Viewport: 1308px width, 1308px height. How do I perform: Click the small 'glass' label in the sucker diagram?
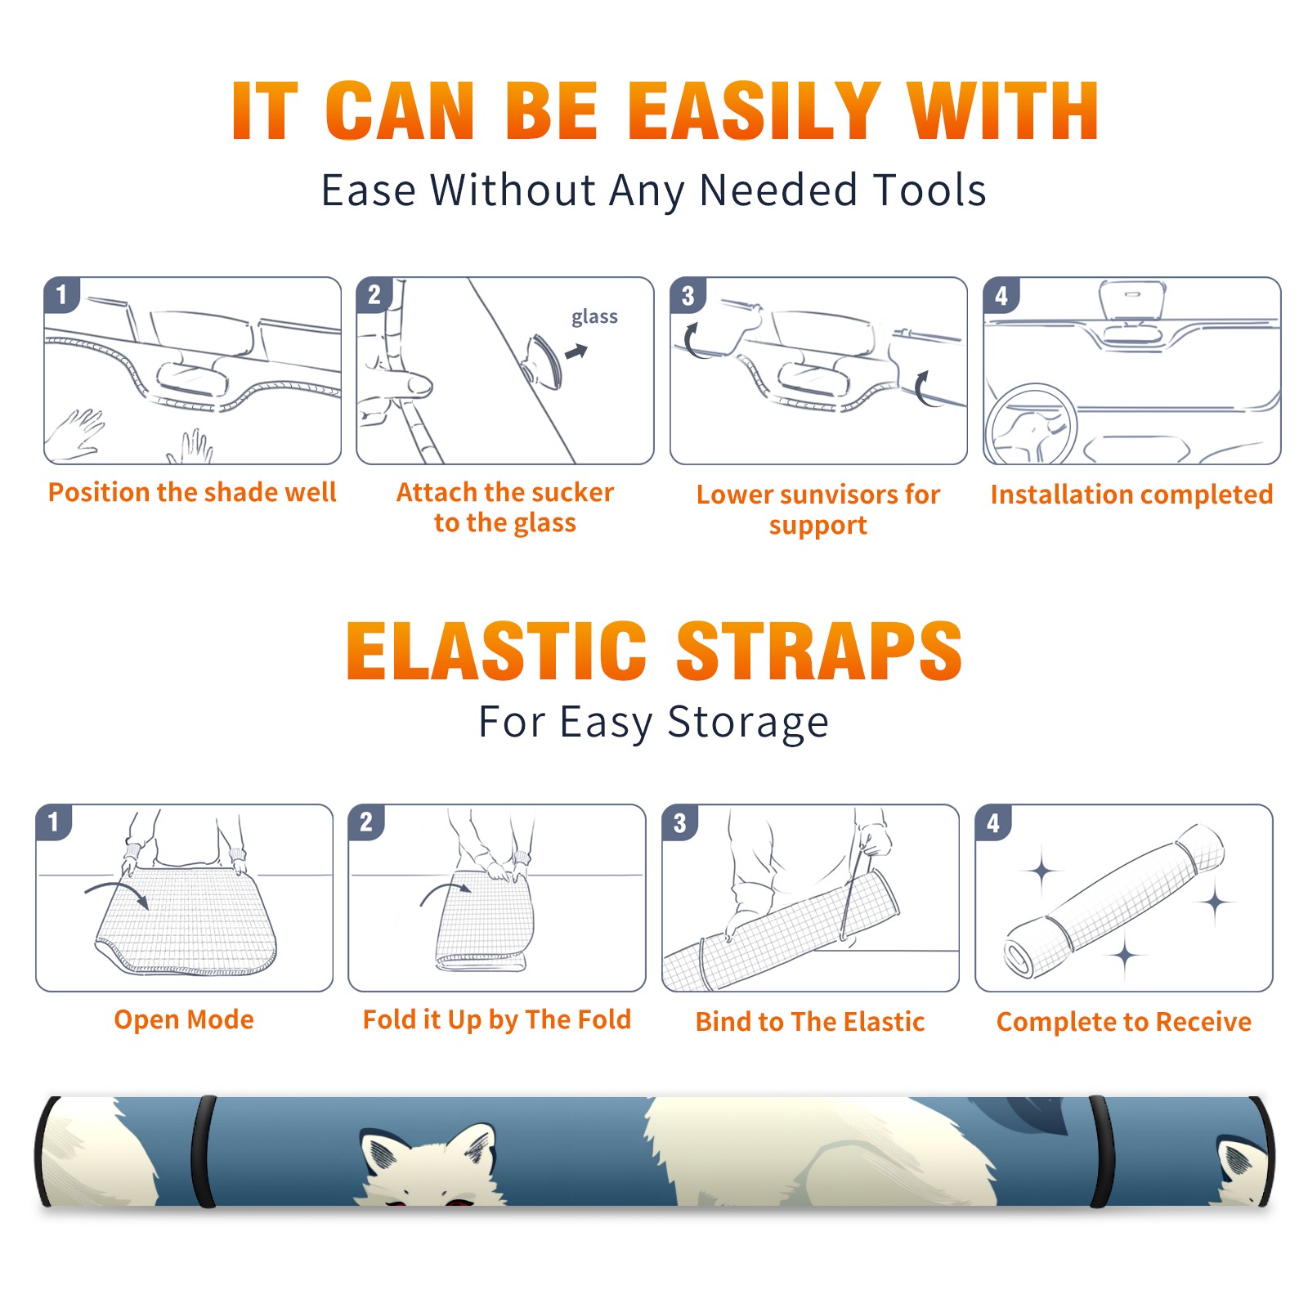(594, 316)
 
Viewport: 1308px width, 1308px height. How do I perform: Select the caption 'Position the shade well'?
(192, 492)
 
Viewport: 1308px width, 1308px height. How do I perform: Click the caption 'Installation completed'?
(1131, 494)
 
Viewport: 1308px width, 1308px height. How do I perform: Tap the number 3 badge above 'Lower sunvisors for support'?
(688, 295)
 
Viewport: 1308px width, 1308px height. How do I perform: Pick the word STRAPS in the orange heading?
(819, 651)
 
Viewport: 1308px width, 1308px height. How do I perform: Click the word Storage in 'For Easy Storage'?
(748, 723)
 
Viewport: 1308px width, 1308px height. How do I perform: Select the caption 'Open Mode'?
(184, 1019)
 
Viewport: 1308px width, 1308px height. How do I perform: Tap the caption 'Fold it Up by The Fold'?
(497, 1019)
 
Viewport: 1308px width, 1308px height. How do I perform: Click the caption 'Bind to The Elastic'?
(810, 1022)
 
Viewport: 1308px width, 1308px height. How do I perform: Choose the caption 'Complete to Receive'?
(1124, 1022)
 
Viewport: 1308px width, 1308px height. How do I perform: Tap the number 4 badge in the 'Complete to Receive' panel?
(992, 822)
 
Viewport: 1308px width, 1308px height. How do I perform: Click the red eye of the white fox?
(455, 1201)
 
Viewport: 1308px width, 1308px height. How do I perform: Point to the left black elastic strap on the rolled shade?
(204, 1151)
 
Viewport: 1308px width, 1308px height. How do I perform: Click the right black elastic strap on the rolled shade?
(1101, 1151)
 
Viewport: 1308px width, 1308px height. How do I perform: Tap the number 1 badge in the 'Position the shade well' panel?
(61, 294)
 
